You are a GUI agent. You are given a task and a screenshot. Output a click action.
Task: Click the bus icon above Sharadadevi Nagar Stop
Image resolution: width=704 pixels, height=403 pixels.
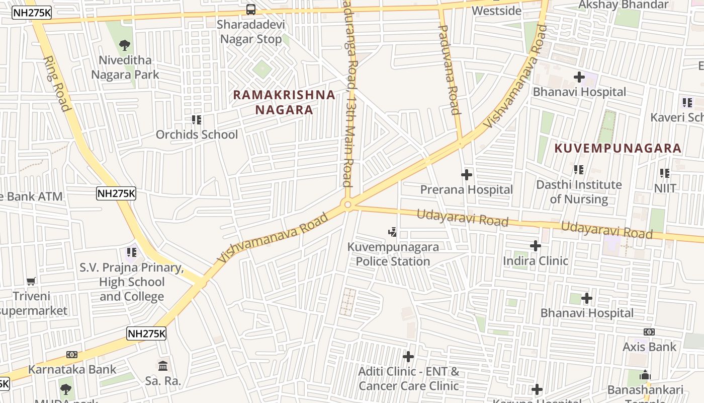250,9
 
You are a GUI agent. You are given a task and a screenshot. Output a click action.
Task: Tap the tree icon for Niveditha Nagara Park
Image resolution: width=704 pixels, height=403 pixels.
124,45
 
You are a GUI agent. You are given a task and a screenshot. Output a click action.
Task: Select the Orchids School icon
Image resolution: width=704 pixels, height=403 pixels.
197,120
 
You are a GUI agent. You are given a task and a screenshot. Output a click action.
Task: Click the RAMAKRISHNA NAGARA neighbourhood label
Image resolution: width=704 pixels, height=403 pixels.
284,102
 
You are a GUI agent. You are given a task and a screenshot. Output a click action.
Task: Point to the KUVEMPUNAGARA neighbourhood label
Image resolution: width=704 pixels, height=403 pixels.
618,148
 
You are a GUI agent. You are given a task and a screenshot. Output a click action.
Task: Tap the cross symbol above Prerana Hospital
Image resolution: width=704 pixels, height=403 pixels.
467,175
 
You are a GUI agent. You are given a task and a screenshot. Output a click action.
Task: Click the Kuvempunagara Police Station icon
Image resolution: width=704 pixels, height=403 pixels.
393,232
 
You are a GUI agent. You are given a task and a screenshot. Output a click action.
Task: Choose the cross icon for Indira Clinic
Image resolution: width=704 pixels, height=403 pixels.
536,246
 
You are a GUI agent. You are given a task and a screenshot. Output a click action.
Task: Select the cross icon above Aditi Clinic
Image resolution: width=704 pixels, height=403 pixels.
408,357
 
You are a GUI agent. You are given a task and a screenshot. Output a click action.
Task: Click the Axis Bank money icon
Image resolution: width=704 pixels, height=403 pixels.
649,332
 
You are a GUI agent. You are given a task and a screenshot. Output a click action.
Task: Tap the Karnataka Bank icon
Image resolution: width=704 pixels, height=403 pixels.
72,355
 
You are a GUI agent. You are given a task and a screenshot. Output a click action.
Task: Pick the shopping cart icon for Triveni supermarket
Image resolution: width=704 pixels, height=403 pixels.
31,281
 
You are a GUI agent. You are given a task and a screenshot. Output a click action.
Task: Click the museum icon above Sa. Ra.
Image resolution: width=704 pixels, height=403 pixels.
163,366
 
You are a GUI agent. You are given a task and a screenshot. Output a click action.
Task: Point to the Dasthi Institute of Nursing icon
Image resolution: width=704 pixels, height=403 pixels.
579,170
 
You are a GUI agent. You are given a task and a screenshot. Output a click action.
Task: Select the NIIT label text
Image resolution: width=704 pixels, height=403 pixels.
665,188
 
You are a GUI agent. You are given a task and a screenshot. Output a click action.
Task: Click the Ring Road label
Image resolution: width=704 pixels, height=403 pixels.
56,83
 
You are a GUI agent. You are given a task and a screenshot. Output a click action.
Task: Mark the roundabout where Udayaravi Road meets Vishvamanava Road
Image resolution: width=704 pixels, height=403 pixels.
347,205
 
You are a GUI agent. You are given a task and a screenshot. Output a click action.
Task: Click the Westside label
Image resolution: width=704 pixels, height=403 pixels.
497,11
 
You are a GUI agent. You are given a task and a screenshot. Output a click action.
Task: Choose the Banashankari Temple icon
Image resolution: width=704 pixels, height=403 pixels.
645,375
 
